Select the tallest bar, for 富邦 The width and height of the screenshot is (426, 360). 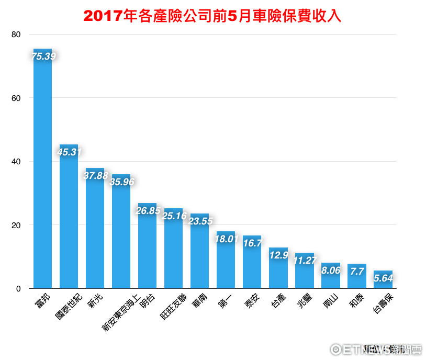[42, 173]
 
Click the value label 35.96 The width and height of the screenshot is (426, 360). [122, 182]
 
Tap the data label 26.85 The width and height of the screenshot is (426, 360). [148, 211]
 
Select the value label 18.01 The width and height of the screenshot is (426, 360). [227, 239]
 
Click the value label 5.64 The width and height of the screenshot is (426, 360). [384, 278]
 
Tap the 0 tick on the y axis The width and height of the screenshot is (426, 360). [18, 288]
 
